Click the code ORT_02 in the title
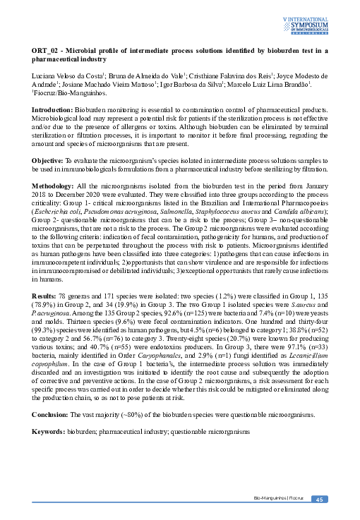point(46,51)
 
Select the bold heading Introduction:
point(52,111)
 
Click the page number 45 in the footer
point(318,500)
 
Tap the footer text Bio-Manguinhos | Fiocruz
point(278,500)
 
